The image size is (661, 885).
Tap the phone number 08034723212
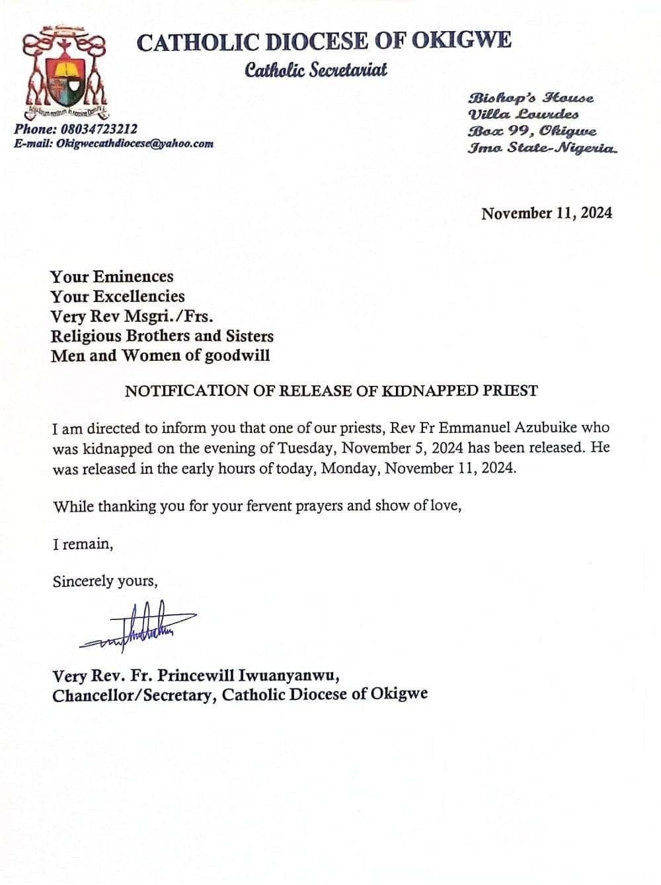pos(97,130)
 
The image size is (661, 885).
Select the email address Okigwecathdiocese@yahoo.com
pos(135,143)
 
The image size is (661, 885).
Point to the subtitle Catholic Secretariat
pos(315,69)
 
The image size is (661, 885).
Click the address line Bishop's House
pos(531,98)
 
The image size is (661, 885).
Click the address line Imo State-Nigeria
pos(543,147)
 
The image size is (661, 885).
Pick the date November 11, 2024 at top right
pos(546,213)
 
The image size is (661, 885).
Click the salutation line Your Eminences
pos(112,276)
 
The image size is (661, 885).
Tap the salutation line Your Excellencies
pos(118,296)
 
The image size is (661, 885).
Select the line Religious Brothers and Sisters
pos(162,336)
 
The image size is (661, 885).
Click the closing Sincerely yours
pos(105,582)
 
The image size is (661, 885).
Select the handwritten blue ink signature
pos(139,625)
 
